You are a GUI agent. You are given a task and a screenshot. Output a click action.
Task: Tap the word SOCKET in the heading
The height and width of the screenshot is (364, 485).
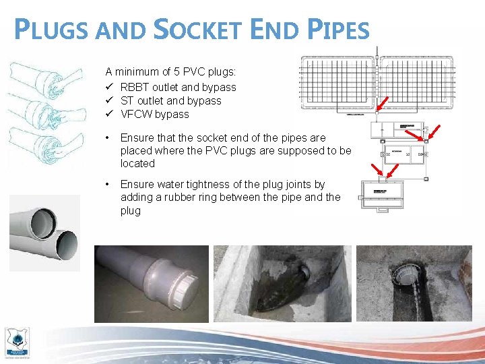(201, 30)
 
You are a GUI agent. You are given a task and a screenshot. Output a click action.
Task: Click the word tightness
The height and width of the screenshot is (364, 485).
(199, 184)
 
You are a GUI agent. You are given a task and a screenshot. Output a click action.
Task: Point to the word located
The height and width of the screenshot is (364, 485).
(137, 164)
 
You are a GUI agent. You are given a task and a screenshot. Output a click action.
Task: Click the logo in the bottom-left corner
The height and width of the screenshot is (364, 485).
(17, 342)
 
